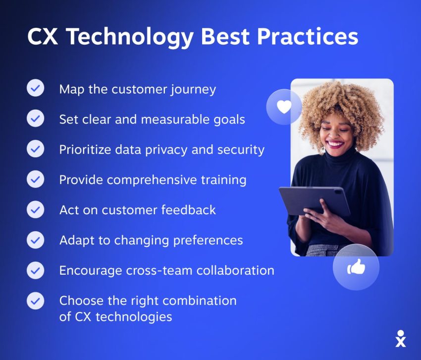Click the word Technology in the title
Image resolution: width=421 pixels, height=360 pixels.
click(x=130, y=37)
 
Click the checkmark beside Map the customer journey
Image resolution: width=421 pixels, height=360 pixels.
click(x=36, y=88)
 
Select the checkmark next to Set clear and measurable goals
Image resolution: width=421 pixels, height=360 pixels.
click(x=36, y=118)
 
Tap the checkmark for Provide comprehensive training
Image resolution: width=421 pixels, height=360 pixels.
click(x=36, y=179)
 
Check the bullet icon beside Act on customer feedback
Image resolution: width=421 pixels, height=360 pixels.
click(x=36, y=209)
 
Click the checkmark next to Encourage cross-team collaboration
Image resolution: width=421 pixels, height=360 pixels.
click(x=36, y=270)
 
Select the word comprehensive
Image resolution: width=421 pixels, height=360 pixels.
click(x=152, y=180)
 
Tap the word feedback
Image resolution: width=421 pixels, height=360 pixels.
click(x=189, y=210)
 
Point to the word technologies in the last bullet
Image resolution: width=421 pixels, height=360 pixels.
click(x=134, y=317)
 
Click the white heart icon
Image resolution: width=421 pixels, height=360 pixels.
click(x=284, y=107)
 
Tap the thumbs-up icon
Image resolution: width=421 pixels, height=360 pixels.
click(x=356, y=267)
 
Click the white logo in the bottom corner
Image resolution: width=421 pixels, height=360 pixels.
click(x=401, y=339)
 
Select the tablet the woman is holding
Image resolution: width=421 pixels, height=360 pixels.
click(x=315, y=201)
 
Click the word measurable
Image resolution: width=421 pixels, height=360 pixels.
click(x=175, y=120)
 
